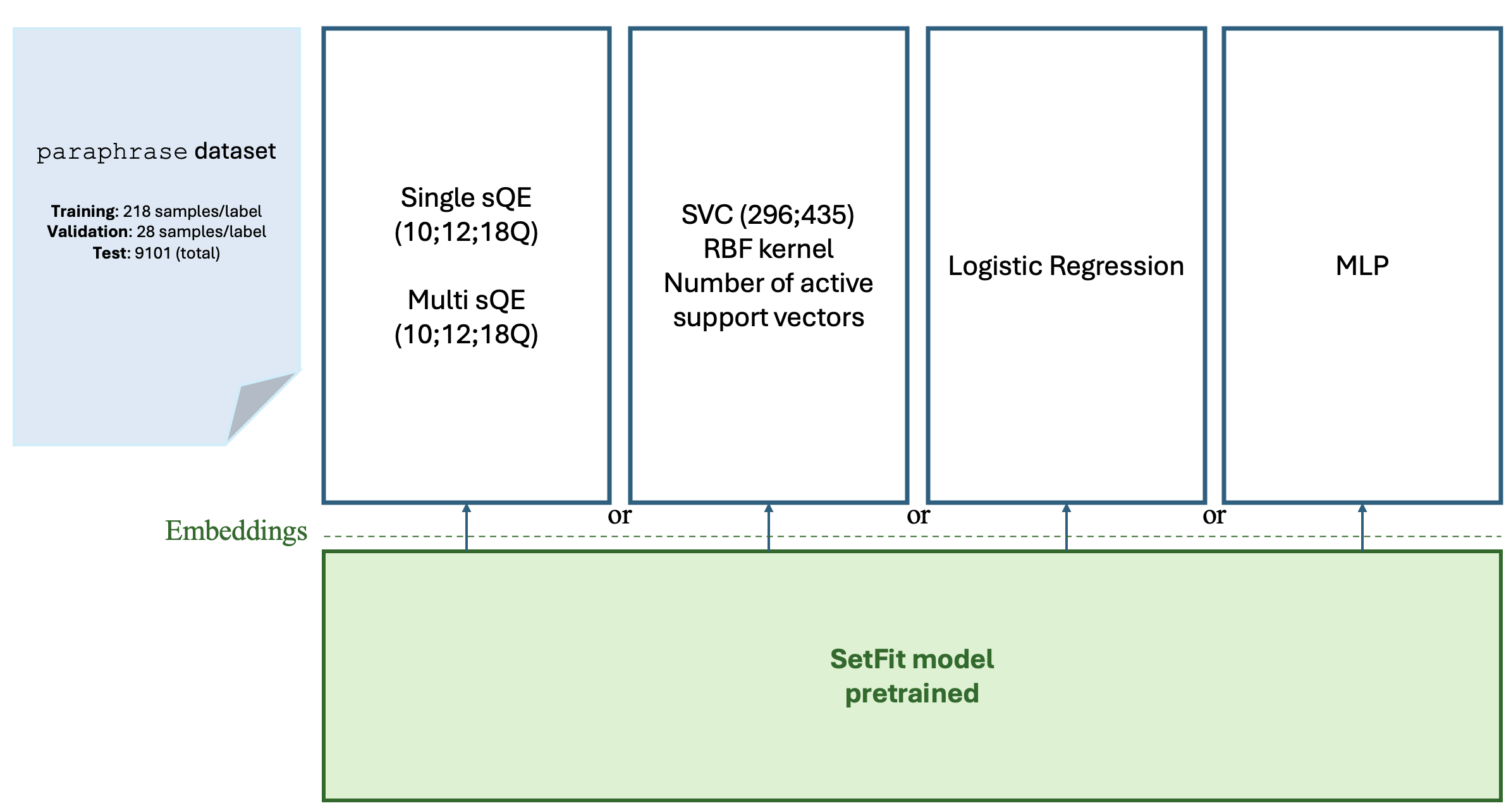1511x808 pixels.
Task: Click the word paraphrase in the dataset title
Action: pyautogui.click(x=112, y=152)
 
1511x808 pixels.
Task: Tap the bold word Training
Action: pyautogui.click(x=84, y=211)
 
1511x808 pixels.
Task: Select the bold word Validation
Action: pyautogui.click(x=89, y=232)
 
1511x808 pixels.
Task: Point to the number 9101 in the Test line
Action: pyautogui.click(x=153, y=254)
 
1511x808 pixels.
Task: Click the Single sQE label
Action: pyautogui.click(x=466, y=198)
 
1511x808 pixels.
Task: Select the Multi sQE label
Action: pyautogui.click(x=466, y=300)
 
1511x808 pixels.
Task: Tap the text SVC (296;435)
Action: pyautogui.click(x=768, y=215)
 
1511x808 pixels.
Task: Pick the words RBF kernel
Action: pyautogui.click(x=768, y=249)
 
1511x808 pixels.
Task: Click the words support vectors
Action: pyautogui.click(x=768, y=317)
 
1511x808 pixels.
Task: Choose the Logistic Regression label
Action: pyautogui.click(x=1066, y=266)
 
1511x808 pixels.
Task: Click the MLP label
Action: pyautogui.click(x=1362, y=266)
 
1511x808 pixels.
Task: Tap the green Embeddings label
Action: pyautogui.click(x=236, y=531)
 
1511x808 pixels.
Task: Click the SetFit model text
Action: pyautogui.click(x=912, y=659)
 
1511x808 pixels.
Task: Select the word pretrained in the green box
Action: pyautogui.click(x=912, y=694)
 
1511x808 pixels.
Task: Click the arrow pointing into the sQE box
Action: pyautogui.click(x=467, y=525)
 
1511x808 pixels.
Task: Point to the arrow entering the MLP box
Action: pyautogui.click(x=1362, y=525)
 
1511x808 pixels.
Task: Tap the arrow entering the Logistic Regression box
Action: pyautogui.click(x=1066, y=525)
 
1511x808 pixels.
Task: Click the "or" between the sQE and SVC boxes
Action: pyautogui.click(x=620, y=516)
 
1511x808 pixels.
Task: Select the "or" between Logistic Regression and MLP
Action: pyautogui.click(x=1214, y=516)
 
